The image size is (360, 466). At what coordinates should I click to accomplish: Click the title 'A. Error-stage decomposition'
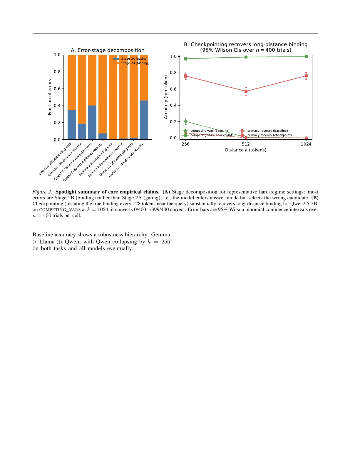coord(108,50)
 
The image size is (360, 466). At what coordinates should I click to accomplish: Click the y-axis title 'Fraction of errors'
coord(50,97)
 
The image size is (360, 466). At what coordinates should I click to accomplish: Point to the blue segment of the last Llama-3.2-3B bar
coord(144,120)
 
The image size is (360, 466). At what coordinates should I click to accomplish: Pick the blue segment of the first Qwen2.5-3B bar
coord(72,125)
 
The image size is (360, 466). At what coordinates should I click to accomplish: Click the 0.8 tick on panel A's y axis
coord(57,72)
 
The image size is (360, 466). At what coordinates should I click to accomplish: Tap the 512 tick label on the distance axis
coord(246,144)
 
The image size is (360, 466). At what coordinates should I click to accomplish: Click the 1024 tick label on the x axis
coord(306,144)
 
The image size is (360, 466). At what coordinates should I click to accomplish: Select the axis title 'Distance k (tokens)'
coord(246,150)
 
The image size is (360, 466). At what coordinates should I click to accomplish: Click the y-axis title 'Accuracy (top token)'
coord(166,97)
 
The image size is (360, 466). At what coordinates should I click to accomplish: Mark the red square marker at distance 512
coord(246,91)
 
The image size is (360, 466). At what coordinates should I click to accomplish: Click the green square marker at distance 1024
coord(306,57)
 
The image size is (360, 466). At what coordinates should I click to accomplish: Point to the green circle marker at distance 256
coord(186,121)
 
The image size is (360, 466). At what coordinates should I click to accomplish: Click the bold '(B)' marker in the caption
coord(315,198)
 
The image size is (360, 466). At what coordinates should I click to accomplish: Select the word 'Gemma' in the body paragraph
coord(160,235)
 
